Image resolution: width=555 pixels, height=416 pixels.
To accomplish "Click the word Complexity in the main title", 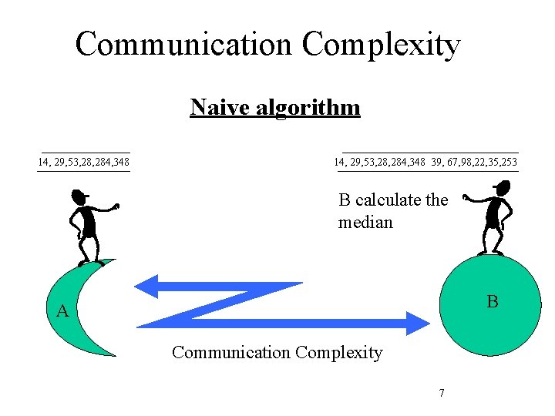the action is [381, 45].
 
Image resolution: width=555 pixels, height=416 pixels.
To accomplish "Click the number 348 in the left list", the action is [119, 163].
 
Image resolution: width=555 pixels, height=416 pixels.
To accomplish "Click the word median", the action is [365, 223].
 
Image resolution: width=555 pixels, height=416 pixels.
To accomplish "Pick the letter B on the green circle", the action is [492, 302].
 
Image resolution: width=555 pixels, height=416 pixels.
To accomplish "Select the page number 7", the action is [441, 394].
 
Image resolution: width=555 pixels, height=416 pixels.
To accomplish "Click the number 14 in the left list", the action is [43, 163].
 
